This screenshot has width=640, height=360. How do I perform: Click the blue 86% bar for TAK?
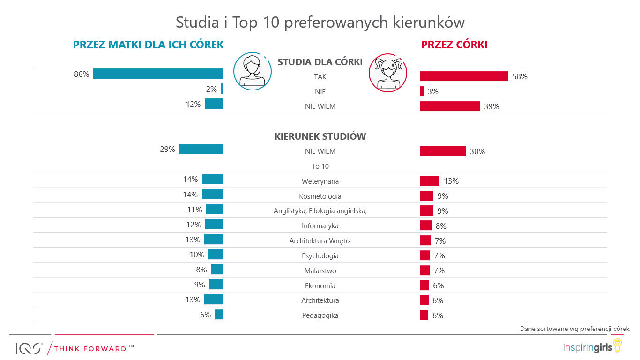(x=158, y=74)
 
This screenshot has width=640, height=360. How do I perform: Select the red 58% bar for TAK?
(x=464, y=76)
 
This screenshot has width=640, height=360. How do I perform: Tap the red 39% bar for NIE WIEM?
(x=450, y=106)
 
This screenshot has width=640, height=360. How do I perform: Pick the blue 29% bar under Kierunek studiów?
(x=201, y=149)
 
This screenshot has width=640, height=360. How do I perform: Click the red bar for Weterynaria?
(x=429, y=181)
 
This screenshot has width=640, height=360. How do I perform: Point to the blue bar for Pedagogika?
(x=219, y=315)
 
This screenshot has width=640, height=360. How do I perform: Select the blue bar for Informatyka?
(x=214, y=224)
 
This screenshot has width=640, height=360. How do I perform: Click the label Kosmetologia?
(x=320, y=196)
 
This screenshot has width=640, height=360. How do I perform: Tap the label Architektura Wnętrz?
(x=320, y=241)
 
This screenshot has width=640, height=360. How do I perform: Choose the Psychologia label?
(x=320, y=256)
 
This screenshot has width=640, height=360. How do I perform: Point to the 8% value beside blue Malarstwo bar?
(x=201, y=270)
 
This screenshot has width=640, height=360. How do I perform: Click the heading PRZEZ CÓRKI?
(x=454, y=45)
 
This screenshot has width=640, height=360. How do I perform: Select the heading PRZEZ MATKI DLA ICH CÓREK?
(x=148, y=45)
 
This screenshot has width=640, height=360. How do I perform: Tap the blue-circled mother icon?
(x=252, y=71)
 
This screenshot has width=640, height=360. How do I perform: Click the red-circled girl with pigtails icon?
(x=388, y=72)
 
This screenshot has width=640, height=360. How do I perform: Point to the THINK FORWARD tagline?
(x=90, y=349)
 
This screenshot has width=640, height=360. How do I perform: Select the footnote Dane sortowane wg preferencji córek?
(x=574, y=329)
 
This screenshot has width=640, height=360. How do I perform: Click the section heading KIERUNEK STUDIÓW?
(x=320, y=136)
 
